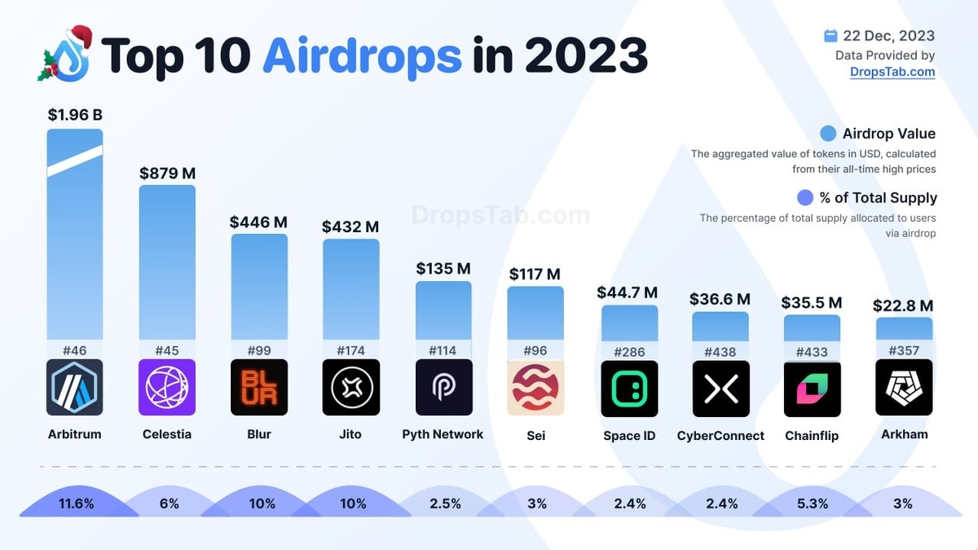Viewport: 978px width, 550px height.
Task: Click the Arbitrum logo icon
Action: point(75,388)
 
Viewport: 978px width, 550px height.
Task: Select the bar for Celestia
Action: point(167,261)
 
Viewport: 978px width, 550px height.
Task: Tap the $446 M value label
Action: point(259,222)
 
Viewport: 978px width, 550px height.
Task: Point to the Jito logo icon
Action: point(351,388)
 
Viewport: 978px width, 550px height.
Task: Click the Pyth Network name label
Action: point(443,434)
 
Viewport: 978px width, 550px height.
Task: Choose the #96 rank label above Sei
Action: point(535,351)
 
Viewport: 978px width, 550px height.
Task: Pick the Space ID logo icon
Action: point(628,389)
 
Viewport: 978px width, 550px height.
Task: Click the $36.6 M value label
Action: point(720,299)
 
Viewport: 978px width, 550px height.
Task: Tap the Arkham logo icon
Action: point(904,388)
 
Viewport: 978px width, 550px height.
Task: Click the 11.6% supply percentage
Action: point(76,504)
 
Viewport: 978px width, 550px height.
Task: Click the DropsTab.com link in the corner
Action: point(892,72)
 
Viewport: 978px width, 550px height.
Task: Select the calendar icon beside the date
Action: point(830,36)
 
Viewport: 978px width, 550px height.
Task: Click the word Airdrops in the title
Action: point(362,55)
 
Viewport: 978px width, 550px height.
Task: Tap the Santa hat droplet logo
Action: point(64,55)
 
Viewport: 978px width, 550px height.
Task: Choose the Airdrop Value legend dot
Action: point(828,134)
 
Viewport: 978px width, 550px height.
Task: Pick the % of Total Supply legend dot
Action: point(805,197)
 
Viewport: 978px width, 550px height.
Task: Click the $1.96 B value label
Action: point(75,115)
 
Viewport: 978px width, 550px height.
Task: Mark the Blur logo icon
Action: point(259,388)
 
